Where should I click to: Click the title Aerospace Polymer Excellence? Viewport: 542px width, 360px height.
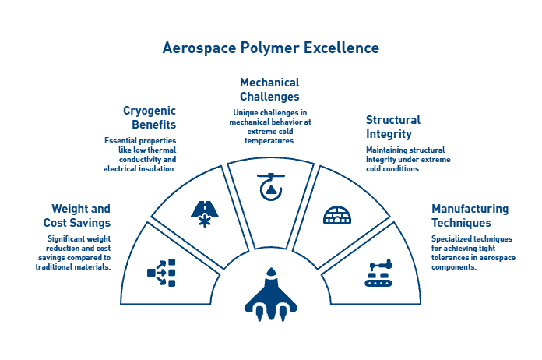(270, 48)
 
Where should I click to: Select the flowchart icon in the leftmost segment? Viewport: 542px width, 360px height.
(161, 272)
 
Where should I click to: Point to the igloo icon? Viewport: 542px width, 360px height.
(336, 214)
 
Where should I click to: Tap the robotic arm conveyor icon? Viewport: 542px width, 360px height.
(380, 273)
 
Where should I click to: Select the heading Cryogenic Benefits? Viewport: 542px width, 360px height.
(150, 118)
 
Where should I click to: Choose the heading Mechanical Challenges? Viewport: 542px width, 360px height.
(269, 90)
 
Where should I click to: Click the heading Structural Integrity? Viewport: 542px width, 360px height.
(392, 127)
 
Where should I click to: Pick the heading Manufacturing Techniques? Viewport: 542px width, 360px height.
(470, 216)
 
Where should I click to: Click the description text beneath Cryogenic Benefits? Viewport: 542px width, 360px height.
(140, 154)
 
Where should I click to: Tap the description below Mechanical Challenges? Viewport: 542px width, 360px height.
(269, 126)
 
